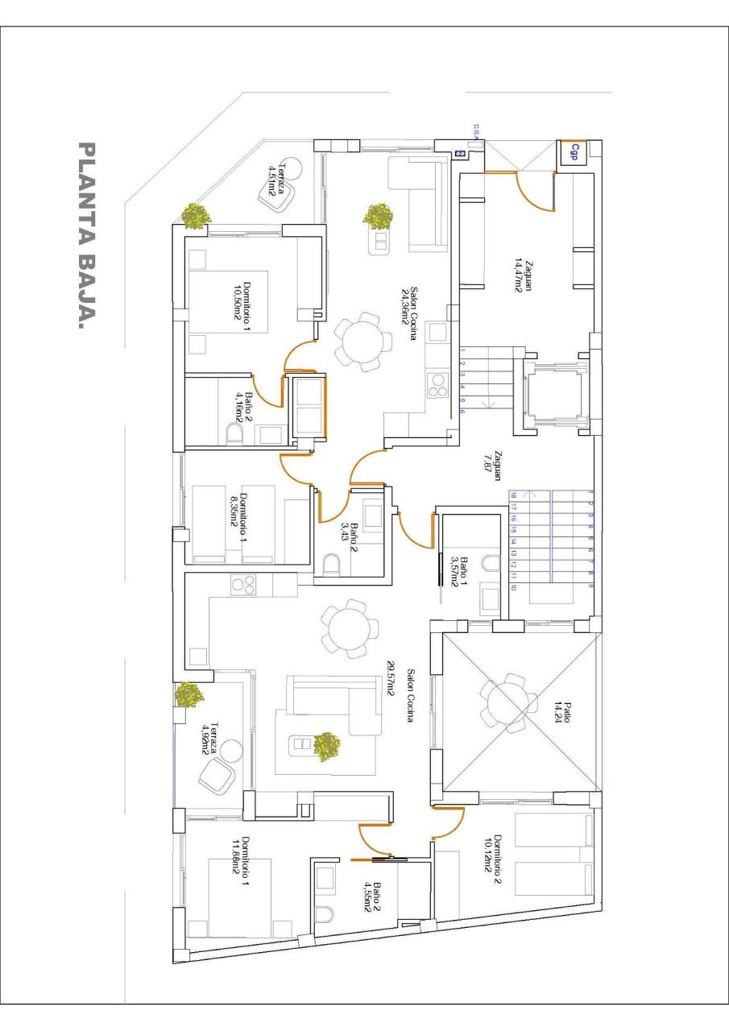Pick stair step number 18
513,496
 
